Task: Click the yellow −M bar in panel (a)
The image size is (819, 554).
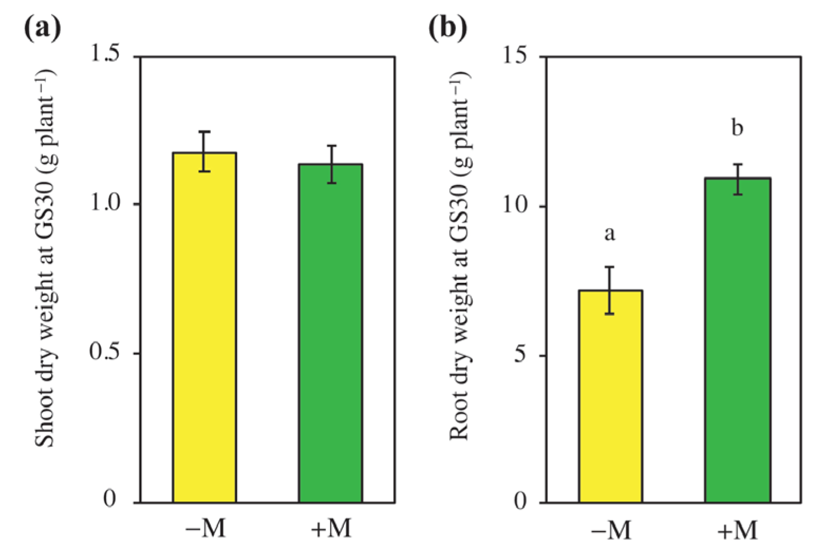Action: click(204, 327)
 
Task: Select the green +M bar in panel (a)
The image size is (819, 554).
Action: click(331, 333)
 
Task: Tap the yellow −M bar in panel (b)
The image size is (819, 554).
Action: click(610, 396)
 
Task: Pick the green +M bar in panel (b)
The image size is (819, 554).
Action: click(738, 340)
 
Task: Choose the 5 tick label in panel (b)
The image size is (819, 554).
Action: click(521, 354)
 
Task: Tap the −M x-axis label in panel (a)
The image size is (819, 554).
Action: click(205, 529)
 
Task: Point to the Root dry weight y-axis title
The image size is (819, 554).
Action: click(459, 256)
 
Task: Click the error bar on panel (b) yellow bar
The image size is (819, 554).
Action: click(610, 290)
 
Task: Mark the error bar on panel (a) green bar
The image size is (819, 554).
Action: click(331, 164)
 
